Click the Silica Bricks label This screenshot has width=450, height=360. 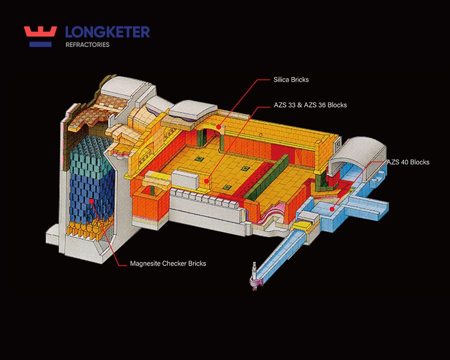(x=291, y=80)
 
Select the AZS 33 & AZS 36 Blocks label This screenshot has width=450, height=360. (x=310, y=105)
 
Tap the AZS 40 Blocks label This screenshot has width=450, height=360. (x=408, y=162)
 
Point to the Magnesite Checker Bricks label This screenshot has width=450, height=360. (x=168, y=263)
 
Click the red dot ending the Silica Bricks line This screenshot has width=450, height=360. (x=218, y=127)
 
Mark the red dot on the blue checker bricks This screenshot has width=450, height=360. (x=91, y=201)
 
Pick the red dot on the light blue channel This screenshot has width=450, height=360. (x=332, y=209)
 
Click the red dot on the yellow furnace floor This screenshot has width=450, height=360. (x=206, y=181)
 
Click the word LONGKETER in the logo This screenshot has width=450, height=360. (x=107, y=32)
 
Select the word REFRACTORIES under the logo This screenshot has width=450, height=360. (x=87, y=45)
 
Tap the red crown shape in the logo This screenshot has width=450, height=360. (x=40, y=31)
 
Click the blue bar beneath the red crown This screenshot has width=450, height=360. (x=40, y=44)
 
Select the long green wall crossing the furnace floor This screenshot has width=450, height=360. (x=266, y=177)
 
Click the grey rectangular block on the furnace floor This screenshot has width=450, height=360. (x=185, y=179)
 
